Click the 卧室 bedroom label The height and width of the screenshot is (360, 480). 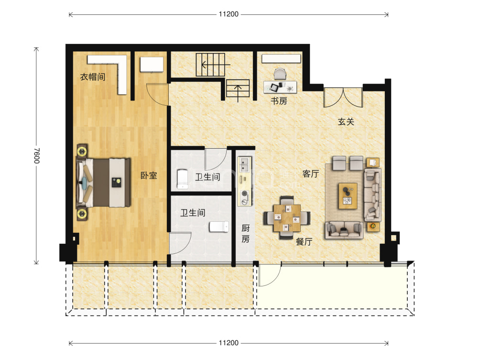pyautogui.click(x=149, y=175)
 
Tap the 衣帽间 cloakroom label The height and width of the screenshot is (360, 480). pyautogui.click(x=93, y=76)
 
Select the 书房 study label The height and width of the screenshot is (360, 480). pyautogui.click(x=279, y=101)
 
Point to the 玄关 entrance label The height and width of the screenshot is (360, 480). pyautogui.click(x=346, y=121)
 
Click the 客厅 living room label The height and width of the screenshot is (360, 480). pyautogui.click(x=311, y=174)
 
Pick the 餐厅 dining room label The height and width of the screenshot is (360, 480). pyautogui.click(x=304, y=241)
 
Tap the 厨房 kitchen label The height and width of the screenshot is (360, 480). pyautogui.click(x=246, y=233)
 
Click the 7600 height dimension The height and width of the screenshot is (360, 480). pyautogui.click(x=36, y=155)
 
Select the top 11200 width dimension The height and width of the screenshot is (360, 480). pyautogui.click(x=229, y=14)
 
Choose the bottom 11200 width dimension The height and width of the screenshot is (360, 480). pyautogui.click(x=229, y=343)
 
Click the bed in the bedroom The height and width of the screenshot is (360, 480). pyautogui.click(x=103, y=183)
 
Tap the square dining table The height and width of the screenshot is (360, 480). pyautogui.click(x=287, y=218)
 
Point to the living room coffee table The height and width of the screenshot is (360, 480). pyautogui.click(x=348, y=196)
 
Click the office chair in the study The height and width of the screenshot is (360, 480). pyautogui.click(x=280, y=74)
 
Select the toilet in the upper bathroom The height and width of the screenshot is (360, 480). pyautogui.click(x=183, y=179)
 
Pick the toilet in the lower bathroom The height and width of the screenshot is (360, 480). pyautogui.click(x=219, y=227)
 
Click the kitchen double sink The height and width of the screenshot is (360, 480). pyautogui.click(x=244, y=164)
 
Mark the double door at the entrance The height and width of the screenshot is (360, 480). pyautogui.click(x=343, y=98)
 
